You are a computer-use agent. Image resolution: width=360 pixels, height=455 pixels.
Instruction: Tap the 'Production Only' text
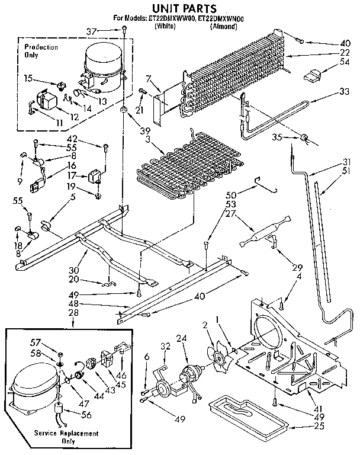41,51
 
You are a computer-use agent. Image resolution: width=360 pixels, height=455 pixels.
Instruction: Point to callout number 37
107,31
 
